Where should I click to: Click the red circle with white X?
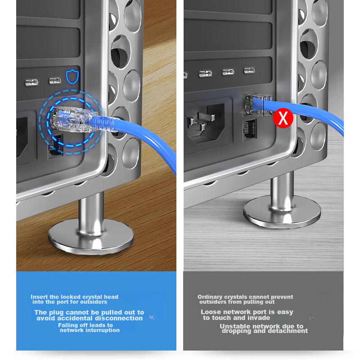[x=283, y=118]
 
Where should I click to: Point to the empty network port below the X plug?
[x=250, y=130]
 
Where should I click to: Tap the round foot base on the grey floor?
[x=282, y=212]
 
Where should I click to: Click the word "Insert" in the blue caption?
[x=39, y=297]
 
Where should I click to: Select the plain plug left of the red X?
[x=257, y=104]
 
